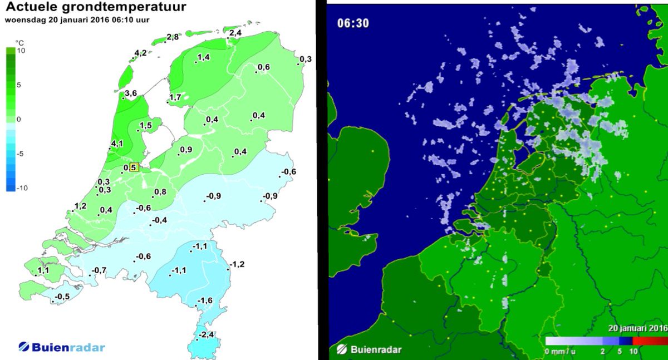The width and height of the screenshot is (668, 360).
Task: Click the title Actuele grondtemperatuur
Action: click(x=96, y=8)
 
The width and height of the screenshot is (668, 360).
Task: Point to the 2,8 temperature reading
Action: click(x=173, y=37)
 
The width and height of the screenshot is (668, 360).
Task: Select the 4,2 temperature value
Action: click(x=140, y=53)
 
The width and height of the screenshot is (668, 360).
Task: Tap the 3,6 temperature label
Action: click(x=131, y=93)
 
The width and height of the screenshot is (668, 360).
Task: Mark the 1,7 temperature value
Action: click(x=175, y=98)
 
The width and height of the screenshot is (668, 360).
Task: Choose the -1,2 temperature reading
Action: click(x=238, y=264)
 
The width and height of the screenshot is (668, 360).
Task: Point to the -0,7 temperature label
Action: click(x=99, y=270)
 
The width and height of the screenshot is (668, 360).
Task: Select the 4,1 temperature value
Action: click(x=117, y=144)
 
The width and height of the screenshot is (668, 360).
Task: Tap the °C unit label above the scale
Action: click(x=19, y=42)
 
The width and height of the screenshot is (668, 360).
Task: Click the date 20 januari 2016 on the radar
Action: click(x=636, y=328)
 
